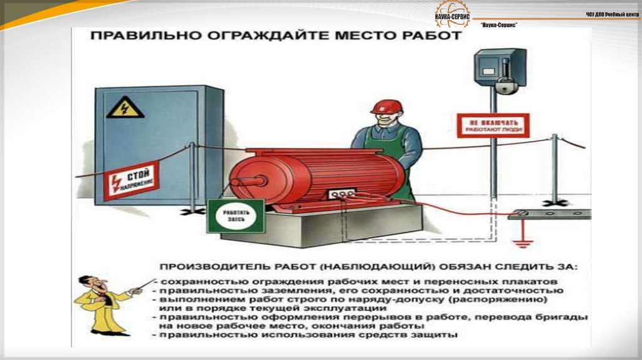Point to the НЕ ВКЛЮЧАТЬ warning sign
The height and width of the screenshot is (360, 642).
click(492, 125)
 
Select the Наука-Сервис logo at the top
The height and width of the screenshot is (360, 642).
click(451, 13)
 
